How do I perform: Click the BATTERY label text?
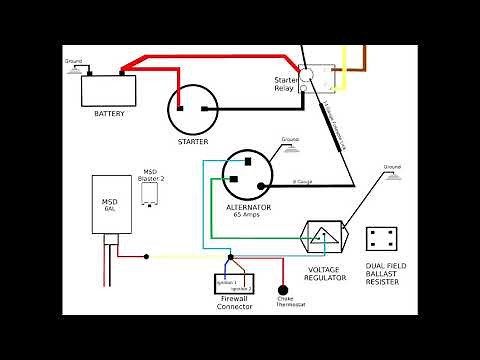[x=110, y=114]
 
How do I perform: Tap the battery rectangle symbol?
[x=110, y=90]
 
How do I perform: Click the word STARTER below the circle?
[x=192, y=142]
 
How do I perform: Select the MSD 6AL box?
[x=110, y=206]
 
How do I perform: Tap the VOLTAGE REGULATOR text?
[x=325, y=274]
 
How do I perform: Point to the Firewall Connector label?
[x=233, y=303]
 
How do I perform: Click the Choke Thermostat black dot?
[x=283, y=290]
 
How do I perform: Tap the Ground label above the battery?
[x=73, y=62]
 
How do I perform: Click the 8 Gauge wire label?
[x=302, y=182]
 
